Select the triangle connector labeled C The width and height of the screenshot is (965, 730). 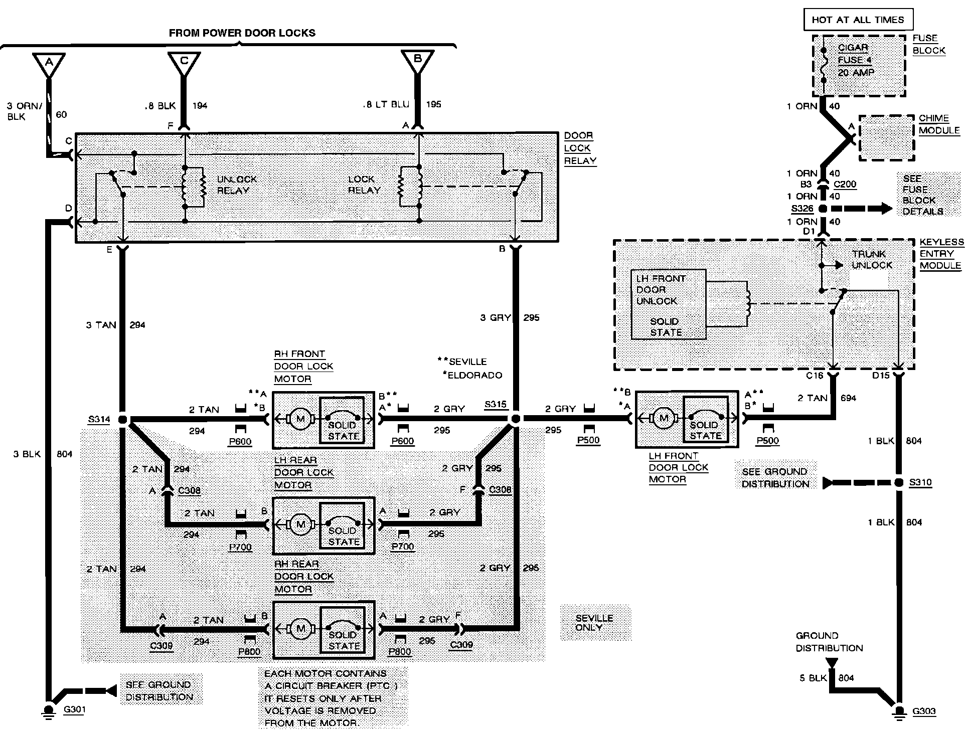click(184, 63)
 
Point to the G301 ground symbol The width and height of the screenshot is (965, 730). click(49, 710)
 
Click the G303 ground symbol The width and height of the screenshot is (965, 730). click(899, 711)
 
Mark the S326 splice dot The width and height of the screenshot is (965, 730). click(823, 209)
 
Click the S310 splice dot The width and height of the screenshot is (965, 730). click(899, 482)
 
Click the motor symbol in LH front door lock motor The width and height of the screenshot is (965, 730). click(664, 418)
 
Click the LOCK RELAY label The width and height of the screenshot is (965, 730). click(365, 185)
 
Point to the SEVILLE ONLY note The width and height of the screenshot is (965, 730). click(595, 623)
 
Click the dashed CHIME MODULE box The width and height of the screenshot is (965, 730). click(886, 138)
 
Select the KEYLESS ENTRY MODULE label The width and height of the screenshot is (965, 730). click(941, 254)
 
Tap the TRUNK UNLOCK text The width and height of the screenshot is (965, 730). click(872, 259)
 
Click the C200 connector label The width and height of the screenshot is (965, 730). click(845, 184)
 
